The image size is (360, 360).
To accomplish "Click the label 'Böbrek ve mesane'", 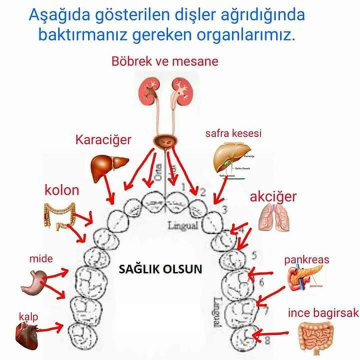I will pos(165,62).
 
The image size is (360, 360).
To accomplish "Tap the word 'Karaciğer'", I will pos(103,139).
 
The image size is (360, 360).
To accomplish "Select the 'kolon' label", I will pos(62,190).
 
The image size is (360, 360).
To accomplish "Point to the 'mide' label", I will pos(41,258).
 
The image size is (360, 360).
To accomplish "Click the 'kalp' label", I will pos(28,316).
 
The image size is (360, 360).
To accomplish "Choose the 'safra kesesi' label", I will pos(233,133).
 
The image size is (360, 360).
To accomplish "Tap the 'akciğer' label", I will pos(273,196).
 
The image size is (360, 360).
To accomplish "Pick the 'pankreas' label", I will pos(307,260).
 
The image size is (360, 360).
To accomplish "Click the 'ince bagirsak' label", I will pos(323,313).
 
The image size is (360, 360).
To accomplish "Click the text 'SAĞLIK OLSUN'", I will pos(160,269).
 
